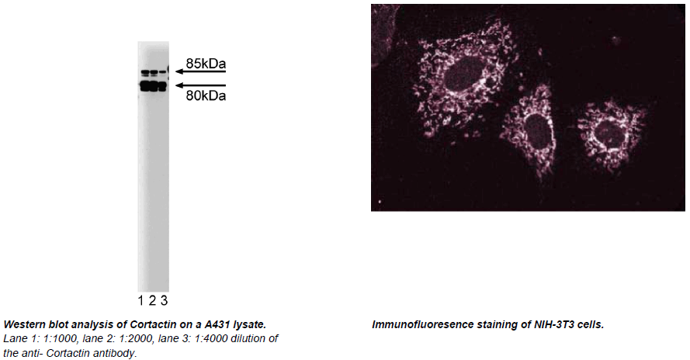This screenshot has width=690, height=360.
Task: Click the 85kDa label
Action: pos(206,64)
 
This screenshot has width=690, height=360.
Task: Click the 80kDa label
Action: pos(206,95)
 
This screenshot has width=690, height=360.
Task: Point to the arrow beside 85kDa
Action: pos(200,71)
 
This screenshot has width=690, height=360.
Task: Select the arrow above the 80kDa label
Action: pos(200,85)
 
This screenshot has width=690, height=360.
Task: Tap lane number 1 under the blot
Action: pos(140,300)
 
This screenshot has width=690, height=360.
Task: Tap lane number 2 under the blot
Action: pos(152,300)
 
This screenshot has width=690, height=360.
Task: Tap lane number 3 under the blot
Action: pos(164,300)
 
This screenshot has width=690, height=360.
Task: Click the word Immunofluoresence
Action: pos(422,325)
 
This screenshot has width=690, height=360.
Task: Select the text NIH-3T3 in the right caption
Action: pos(554,325)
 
